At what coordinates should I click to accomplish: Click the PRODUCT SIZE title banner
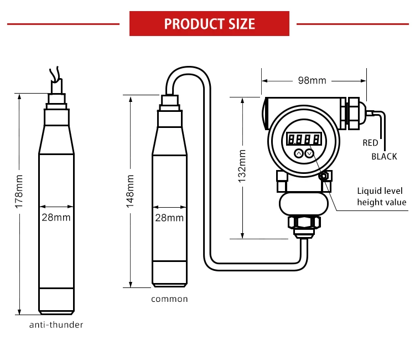click(x=209, y=24)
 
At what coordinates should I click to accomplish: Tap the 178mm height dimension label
click(x=19, y=191)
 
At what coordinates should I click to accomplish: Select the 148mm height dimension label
click(x=130, y=191)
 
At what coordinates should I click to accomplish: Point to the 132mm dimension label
click(x=242, y=166)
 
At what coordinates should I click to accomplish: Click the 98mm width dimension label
click(x=312, y=80)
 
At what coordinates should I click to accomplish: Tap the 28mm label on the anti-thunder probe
click(x=56, y=218)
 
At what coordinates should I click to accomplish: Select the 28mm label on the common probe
click(x=169, y=218)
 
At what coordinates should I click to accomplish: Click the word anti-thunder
click(x=56, y=325)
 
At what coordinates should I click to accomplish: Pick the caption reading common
click(x=169, y=299)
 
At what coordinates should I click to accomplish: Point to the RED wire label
click(x=370, y=143)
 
